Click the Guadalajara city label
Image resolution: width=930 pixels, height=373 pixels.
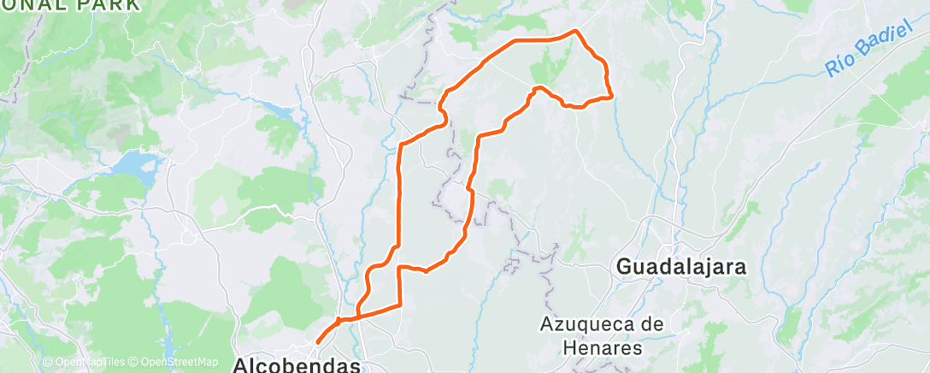(680, 267)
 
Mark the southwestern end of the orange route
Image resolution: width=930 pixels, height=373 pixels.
(317, 342)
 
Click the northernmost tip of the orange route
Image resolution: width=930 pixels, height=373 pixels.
(575, 31)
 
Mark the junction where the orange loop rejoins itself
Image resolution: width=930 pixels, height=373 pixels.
(340, 321)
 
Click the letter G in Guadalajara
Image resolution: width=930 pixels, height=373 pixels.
(624, 267)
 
